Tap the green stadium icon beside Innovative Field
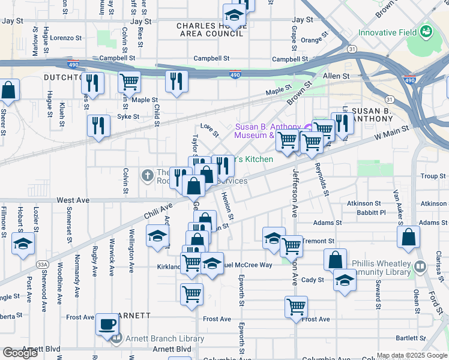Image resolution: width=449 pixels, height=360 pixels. pyautogui.click(x=426, y=31)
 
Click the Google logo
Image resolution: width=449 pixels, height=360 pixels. pyautogui.click(x=20, y=353)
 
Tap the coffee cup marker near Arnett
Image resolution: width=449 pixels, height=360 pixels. pyautogui.click(x=107, y=324)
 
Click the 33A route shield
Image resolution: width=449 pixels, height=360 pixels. pyautogui.click(x=41, y=264)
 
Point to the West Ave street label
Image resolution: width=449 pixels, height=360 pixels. pyautogui.click(x=73, y=199)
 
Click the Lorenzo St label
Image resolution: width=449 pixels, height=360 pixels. pyautogui.click(x=65, y=37)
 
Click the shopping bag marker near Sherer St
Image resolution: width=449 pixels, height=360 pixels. pyautogui.click(x=9, y=91)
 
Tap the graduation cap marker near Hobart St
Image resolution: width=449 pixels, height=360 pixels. pyautogui.click(x=23, y=244)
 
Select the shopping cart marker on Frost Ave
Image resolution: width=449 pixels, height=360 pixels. pyautogui.click(x=297, y=307)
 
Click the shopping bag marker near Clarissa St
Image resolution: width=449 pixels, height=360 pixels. pyautogui.click(x=408, y=236)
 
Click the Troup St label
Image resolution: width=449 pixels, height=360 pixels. pyautogui.click(x=429, y=176)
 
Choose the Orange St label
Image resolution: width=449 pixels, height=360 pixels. pyautogui.click(x=312, y=40)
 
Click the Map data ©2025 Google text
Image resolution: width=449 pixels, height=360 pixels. pyautogui.click(x=412, y=355)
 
